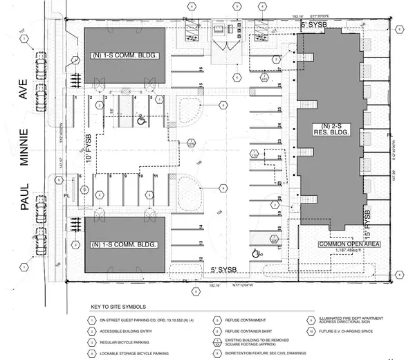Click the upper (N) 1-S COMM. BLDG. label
(125, 56)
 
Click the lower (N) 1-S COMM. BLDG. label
(125, 244)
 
